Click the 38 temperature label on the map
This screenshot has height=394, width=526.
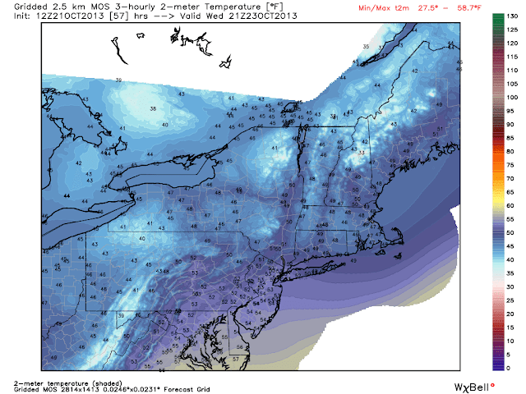[x=153, y=108]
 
